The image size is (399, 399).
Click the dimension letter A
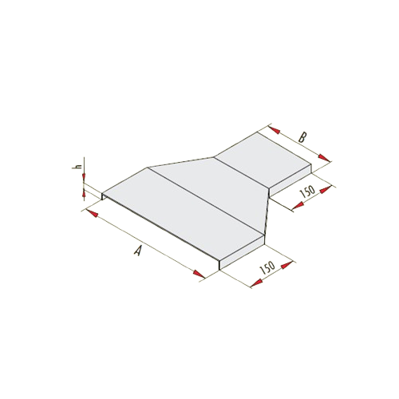coord(137,251)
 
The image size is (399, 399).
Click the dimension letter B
coord(302,137)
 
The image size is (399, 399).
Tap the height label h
coord(77,167)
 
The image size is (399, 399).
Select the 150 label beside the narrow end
coord(307,192)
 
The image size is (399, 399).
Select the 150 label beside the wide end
coord(267,268)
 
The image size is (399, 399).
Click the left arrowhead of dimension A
coord(92,213)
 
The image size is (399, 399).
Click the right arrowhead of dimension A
coord(199,274)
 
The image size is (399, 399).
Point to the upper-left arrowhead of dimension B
coord(275,129)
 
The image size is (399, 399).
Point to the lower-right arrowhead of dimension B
coord(325,158)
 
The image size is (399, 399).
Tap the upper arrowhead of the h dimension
coord(84,176)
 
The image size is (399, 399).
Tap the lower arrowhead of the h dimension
coord(85,193)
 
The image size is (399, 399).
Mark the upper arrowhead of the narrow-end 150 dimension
coord(326,190)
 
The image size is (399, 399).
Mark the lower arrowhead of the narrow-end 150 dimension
coord(298,205)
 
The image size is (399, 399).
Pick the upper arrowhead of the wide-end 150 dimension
coord(287,265)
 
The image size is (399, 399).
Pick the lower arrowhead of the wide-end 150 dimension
coord(257,282)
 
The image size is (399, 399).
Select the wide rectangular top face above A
coord(184,214)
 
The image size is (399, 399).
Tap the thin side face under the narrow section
coord(290,180)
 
